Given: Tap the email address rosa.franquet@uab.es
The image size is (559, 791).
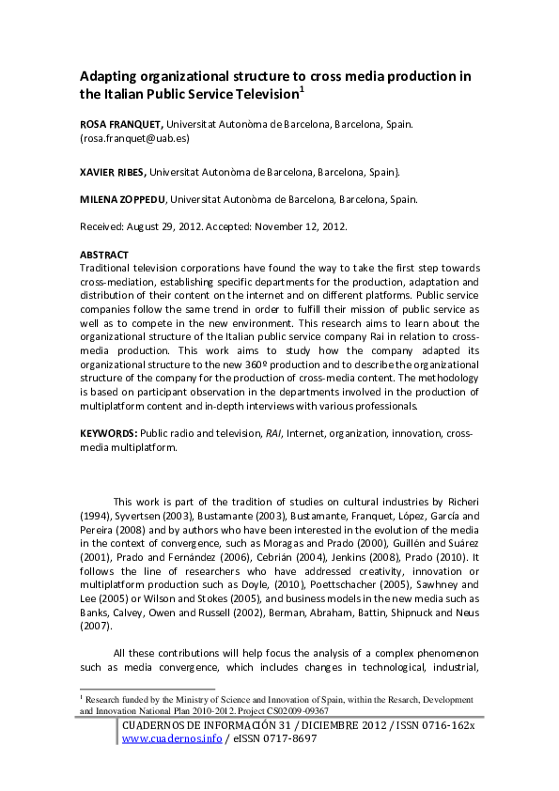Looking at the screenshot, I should [x=135, y=138].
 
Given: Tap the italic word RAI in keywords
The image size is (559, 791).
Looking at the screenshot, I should [x=273, y=433].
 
